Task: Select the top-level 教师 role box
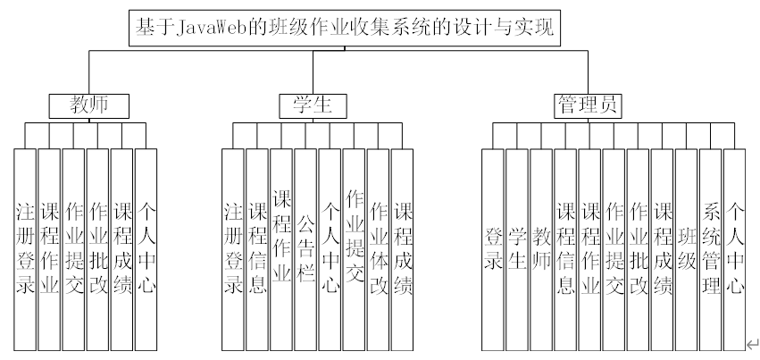tap(89, 105)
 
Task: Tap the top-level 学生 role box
tap(312, 105)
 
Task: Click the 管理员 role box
tap(587, 105)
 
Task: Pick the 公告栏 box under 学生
tap(305, 249)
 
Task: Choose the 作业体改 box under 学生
tap(379, 249)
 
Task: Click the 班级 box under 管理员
tap(686, 249)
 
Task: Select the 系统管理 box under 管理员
tap(710, 249)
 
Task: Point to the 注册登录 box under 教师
tap(25, 249)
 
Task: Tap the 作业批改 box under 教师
tap(98, 249)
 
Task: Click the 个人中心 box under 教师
tap(146, 249)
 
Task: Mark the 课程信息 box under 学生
tap(257, 249)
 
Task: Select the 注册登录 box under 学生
tap(233, 249)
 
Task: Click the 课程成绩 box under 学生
tap(403, 249)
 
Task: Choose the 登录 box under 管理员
tap(493, 249)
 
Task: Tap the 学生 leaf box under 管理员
tap(517, 249)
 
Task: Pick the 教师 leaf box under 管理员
tap(541, 249)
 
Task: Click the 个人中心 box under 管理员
tap(734, 249)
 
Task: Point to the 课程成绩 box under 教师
tap(122, 249)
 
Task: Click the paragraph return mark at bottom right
tap(752, 344)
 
